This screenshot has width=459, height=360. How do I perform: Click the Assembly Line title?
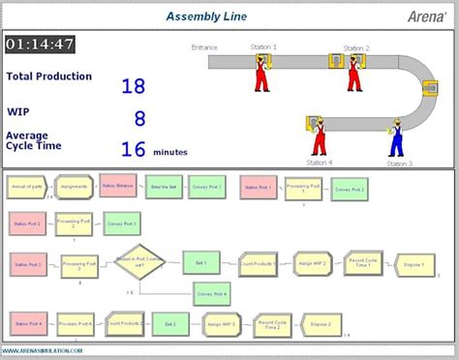205,15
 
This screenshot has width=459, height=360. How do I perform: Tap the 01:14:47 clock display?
40,45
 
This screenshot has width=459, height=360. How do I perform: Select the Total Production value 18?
133,86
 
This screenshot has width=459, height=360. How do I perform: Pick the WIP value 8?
139,118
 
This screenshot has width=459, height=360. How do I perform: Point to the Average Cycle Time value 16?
133,149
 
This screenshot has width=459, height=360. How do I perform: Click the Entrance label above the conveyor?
204,46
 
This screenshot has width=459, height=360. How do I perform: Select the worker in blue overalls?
395,137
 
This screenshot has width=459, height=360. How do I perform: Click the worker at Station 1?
261,73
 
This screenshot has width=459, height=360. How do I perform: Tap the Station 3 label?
398,164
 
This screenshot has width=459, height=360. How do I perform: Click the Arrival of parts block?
26,186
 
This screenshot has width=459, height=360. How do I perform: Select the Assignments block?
73,186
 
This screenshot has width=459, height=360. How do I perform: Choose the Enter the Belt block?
164,186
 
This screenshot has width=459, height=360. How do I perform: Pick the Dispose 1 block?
413,262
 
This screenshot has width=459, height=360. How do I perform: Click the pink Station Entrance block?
118,186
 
